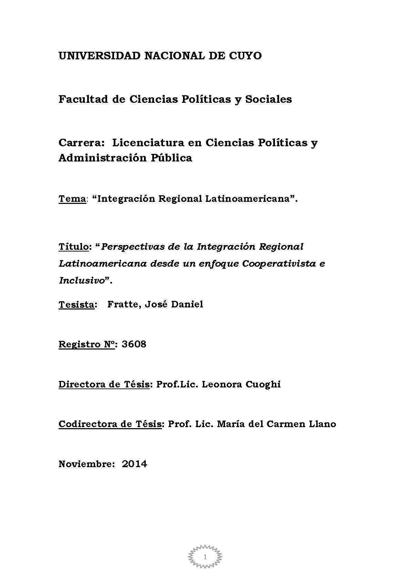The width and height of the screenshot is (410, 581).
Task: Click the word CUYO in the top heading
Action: point(245,56)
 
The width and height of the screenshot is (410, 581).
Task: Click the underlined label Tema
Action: point(72,199)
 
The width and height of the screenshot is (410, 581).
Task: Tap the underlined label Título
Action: point(73,247)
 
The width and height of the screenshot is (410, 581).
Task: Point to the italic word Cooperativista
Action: point(279,264)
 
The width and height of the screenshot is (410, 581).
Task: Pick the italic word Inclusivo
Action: point(82,280)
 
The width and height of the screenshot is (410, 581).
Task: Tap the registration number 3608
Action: point(134,344)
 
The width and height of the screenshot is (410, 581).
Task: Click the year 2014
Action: point(134,464)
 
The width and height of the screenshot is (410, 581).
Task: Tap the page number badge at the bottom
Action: point(205,557)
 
